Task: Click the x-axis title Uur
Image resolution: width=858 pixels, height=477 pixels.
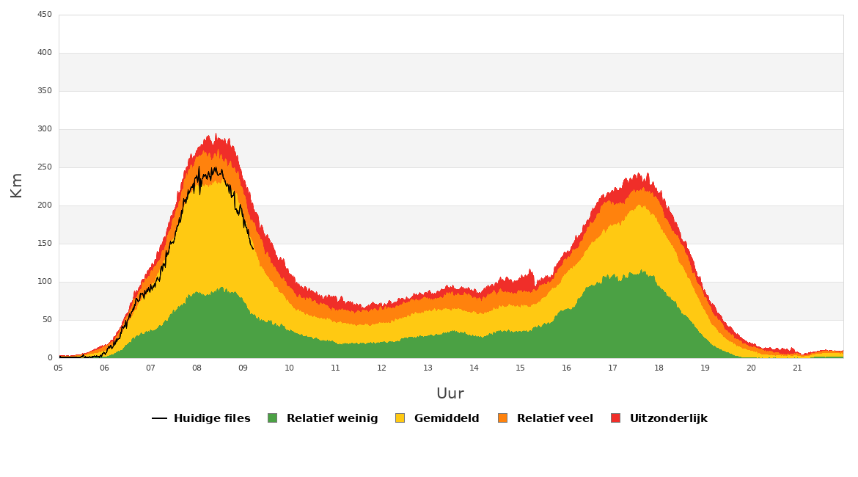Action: (x=450, y=394)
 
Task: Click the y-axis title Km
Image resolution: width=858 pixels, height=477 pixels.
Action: (x=16, y=185)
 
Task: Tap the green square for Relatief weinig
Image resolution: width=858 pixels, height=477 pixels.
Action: (x=273, y=418)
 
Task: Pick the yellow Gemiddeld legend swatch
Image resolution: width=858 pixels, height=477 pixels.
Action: (x=400, y=418)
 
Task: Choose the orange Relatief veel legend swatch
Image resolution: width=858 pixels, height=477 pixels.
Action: (x=502, y=418)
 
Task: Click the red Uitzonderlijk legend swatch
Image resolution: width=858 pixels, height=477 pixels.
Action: (x=615, y=418)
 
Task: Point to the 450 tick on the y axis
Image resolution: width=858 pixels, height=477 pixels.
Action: (x=45, y=15)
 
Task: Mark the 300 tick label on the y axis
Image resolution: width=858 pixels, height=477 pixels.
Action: (x=45, y=129)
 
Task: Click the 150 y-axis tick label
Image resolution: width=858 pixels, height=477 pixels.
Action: (x=45, y=244)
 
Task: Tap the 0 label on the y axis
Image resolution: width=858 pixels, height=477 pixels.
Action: (x=50, y=358)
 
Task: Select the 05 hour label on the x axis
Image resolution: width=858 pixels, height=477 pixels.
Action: (x=59, y=368)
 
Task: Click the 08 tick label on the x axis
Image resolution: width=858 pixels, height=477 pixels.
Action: (x=197, y=368)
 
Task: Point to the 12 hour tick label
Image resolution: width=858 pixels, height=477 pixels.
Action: (x=381, y=368)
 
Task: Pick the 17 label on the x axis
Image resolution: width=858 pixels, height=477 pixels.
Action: (x=612, y=368)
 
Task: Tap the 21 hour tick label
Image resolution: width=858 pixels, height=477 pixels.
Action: (x=797, y=368)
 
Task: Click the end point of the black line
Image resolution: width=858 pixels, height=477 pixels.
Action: (x=253, y=249)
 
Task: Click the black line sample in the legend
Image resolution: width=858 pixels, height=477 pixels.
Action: (x=159, y=418)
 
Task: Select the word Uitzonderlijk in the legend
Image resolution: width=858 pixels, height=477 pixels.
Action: (x=668, y=418)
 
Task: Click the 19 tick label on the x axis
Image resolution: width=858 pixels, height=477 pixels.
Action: (x=705, y=368)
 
